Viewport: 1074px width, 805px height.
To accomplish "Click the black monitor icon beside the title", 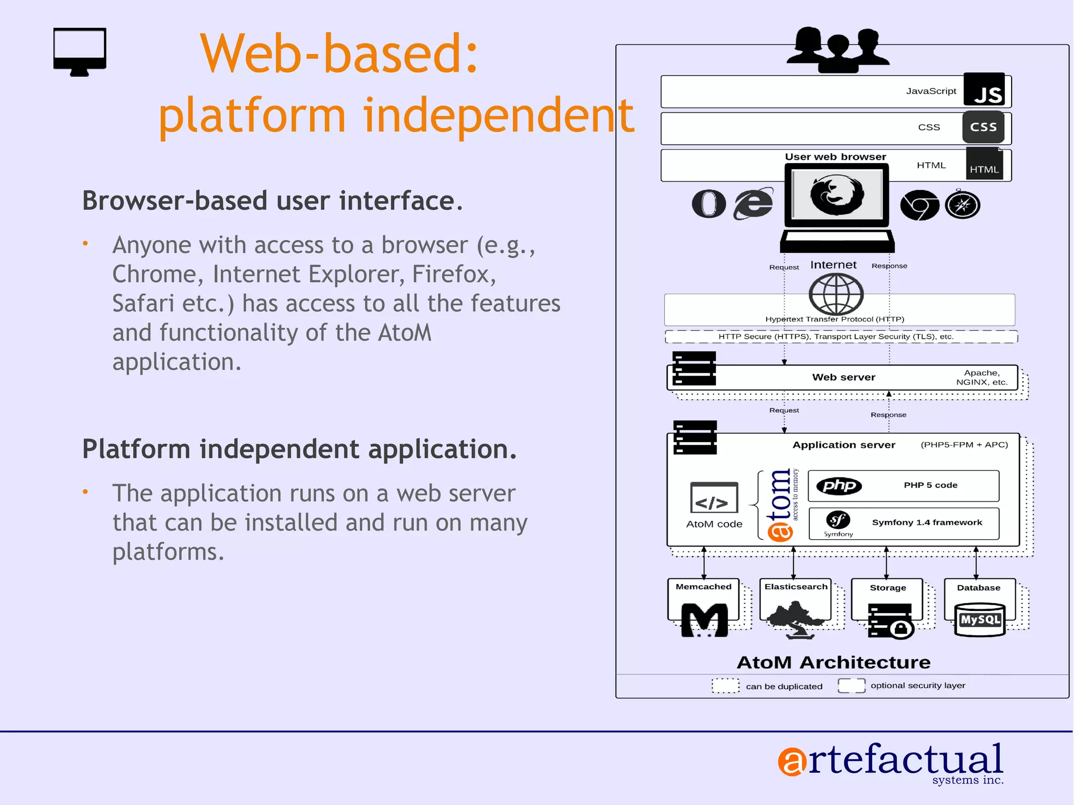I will pos(80,51).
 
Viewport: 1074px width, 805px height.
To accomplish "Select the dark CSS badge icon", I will pos(983,127).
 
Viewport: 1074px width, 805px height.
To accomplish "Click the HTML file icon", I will pos(984,164).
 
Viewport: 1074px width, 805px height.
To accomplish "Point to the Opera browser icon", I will pos(708,204).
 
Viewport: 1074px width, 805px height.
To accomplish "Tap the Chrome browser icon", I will pos(919,205).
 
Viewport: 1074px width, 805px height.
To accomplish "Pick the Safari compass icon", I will pos(962,205).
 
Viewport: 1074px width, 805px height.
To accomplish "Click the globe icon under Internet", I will pos(836,294).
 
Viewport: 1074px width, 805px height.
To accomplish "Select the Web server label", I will pos(843,377).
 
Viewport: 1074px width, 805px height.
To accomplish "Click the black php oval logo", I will pos(839,486).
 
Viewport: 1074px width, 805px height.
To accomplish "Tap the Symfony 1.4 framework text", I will pos(927,522).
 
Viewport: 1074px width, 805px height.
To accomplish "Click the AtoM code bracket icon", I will pos(714,498).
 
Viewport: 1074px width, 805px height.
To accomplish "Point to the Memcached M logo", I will pos(704,620).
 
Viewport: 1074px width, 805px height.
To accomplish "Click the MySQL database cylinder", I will pos(980,619).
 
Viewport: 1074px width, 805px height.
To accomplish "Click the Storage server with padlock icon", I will pos(890,621).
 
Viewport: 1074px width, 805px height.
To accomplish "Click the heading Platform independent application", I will pos(299,449).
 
